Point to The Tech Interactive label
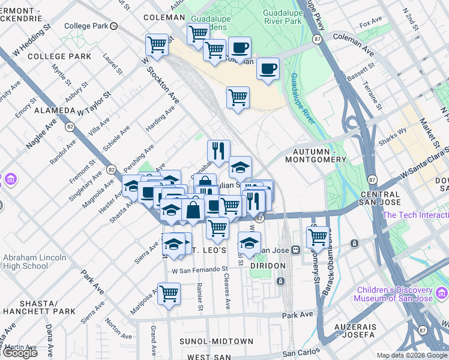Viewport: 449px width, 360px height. pyautogui.click(x=415, y=215)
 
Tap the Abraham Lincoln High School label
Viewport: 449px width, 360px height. pyautogui.click(x=25, y=262)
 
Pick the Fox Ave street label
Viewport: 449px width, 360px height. pyautogui.click(x=370, y=25)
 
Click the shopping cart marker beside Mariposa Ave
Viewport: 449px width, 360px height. pyautogui.click(x=169, y=293)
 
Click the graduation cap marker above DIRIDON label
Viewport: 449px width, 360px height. pyautogui.click(x=249, y=244)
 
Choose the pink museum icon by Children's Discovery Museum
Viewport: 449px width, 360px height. pyautogui.click(x=442, y=293)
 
